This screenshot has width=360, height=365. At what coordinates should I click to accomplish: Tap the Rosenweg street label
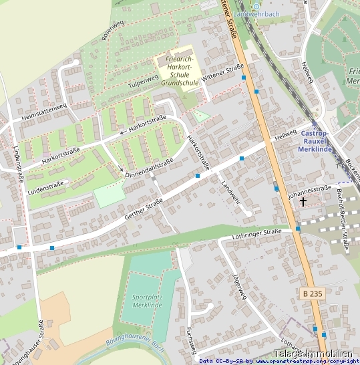(112, 31)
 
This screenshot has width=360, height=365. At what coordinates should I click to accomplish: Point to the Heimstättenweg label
(44, 111)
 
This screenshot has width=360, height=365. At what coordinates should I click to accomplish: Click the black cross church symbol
(303, 201)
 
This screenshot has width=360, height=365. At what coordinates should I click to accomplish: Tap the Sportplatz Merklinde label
(147, 300)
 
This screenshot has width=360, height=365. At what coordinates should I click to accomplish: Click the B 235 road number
(312, 293)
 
